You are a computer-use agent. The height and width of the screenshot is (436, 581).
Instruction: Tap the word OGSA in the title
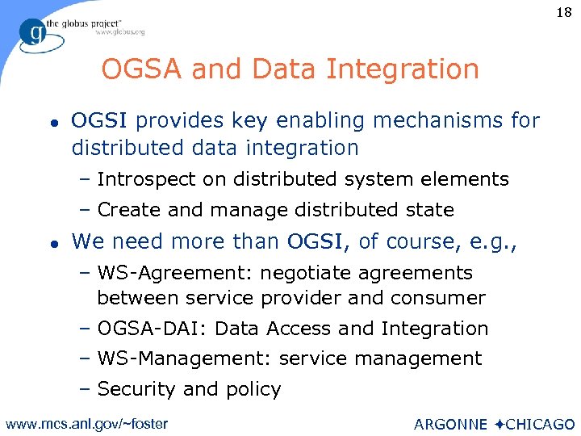(x=136, y=69)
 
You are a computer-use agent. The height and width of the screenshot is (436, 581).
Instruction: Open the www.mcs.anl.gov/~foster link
(x=87, y=422)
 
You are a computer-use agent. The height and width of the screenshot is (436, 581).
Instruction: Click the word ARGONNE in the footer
(x=450, y=424)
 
